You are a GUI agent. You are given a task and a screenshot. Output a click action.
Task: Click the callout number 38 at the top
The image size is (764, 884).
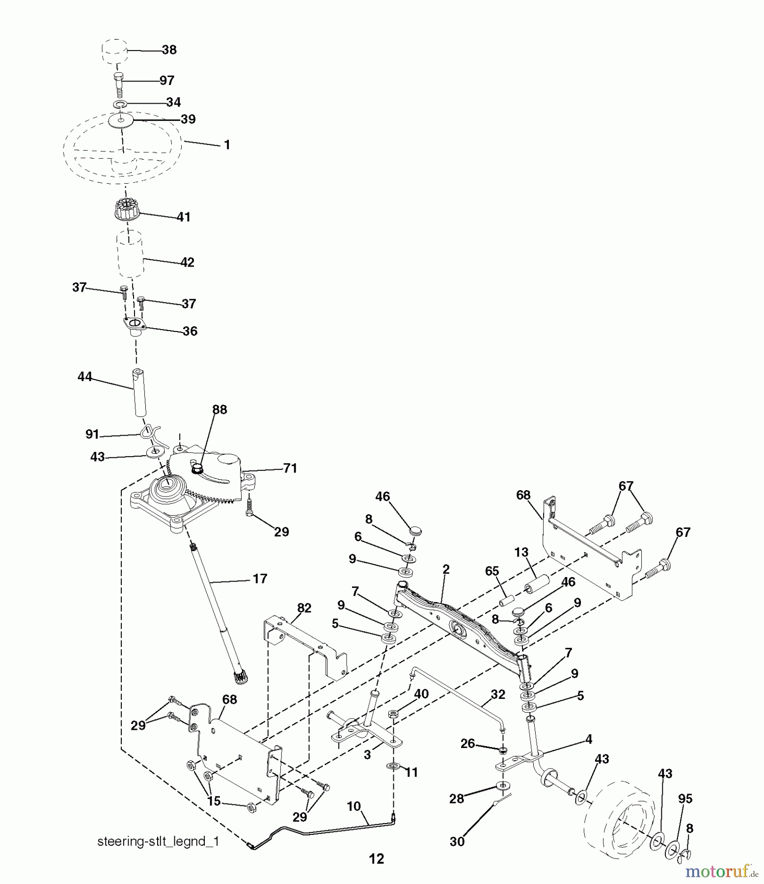(169, 50)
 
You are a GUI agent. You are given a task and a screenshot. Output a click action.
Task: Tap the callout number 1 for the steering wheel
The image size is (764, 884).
(227, 145)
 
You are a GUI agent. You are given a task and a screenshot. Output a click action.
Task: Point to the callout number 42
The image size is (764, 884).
(187, 262)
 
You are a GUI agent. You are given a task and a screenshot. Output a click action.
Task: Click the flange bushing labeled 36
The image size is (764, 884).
(136, 325)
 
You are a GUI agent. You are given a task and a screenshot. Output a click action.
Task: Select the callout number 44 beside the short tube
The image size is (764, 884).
(84, 377)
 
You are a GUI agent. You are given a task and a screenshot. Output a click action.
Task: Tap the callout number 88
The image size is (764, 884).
(219, 410)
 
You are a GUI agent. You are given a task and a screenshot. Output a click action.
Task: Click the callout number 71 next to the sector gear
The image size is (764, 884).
(290, 469)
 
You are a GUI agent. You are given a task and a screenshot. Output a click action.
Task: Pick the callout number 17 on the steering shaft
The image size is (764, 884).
(260, 579)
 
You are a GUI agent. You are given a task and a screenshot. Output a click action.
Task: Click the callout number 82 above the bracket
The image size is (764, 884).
(304, 608)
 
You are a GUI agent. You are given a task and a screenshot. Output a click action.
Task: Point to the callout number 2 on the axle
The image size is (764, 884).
(446, 570)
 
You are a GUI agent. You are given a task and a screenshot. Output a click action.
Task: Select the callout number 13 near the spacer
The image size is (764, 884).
(521, 552)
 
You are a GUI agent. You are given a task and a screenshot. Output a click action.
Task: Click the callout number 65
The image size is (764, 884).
(491, 571)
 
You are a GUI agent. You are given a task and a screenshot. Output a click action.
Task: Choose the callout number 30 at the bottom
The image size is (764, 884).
(457, 841)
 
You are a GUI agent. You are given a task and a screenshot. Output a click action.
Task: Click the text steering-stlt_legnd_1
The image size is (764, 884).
(158, 841)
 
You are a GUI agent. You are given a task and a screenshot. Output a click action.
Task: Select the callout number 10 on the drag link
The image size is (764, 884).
(354, 806)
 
